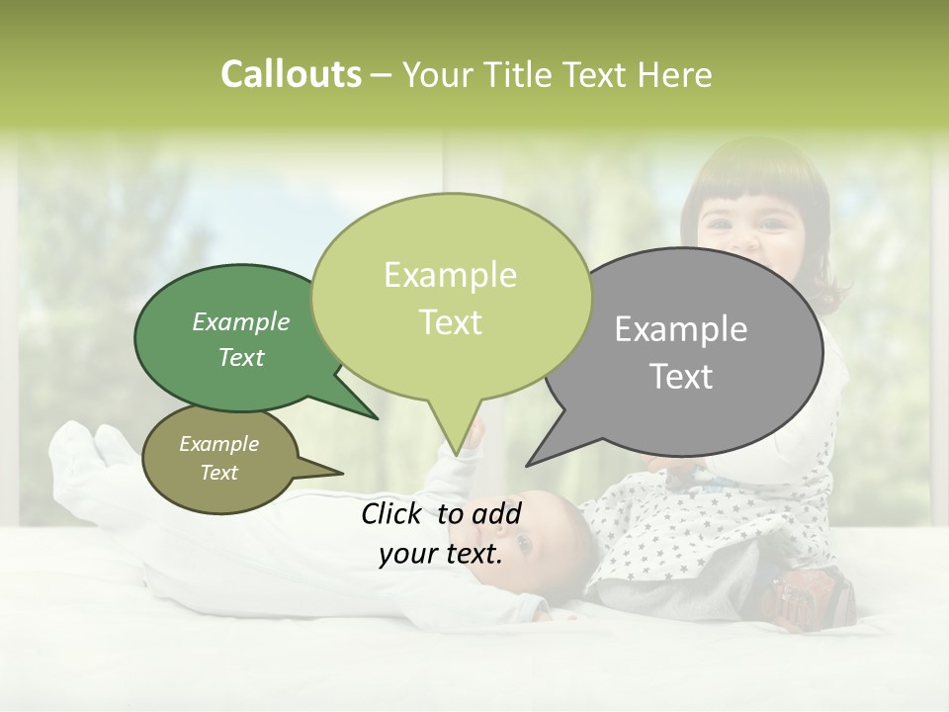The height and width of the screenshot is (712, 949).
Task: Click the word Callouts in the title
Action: coord(291,74)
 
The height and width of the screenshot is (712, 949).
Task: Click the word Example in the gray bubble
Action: coord(680,329)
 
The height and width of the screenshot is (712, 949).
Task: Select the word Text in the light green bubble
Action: coord(451,322)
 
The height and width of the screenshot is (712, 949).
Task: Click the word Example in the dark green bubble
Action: coord(241,321)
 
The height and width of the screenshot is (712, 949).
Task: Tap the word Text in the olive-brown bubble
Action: coord(219,473)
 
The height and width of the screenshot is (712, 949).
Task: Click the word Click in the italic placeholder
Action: coord(394,513)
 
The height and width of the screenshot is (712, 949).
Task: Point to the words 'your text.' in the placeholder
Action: coord(441,554)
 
